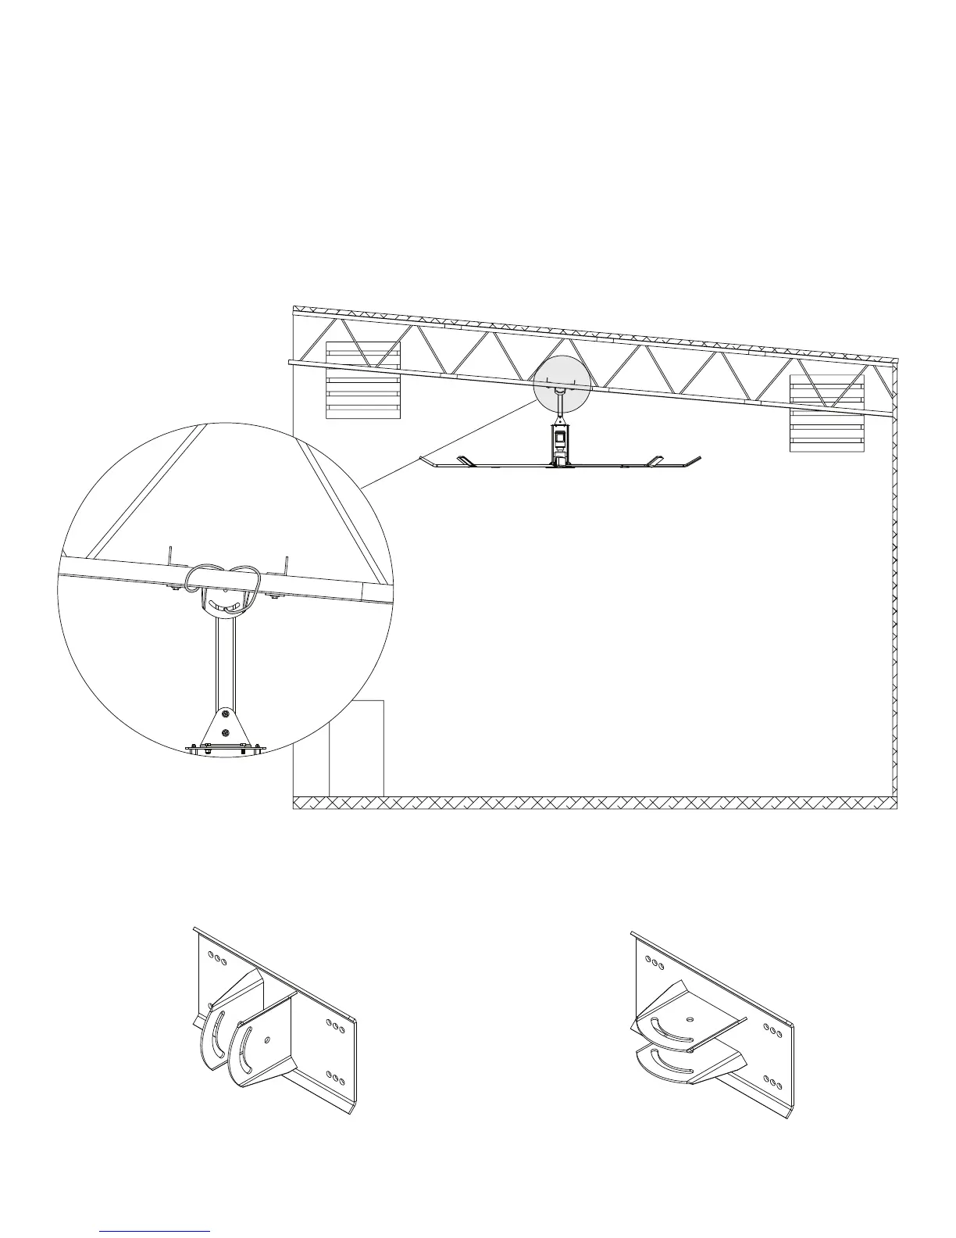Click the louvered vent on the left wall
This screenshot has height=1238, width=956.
coord(362,380)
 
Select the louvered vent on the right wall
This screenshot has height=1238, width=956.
coord(827,413)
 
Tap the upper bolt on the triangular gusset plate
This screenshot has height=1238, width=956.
coord(225,714)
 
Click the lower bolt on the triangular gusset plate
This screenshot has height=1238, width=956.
coord(225,732)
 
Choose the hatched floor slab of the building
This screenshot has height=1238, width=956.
coord(594,803)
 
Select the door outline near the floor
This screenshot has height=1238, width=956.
coord(356,748)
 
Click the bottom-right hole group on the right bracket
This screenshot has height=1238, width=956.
coord(776,1082)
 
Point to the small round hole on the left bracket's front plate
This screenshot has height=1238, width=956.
coord(268,1040)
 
